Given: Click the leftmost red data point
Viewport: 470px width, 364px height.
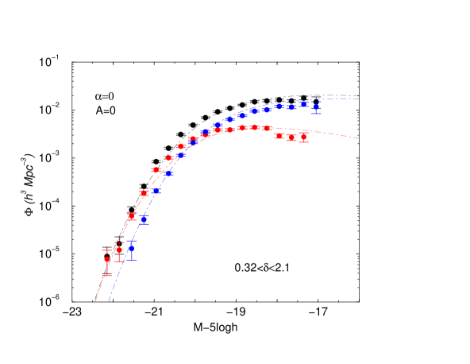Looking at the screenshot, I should tap(107, 260).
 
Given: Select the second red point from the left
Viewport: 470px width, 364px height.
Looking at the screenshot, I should tap(119, 250).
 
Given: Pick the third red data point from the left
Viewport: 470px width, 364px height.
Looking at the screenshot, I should tap(132, 216).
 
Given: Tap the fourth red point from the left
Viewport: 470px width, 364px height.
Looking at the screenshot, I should tap(144, 193).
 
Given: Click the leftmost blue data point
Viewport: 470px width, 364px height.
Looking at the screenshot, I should tap(131, 248).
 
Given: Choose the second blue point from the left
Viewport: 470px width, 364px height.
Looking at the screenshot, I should tap(144, 218).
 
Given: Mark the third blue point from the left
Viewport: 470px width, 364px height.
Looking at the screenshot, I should tap(156, 191).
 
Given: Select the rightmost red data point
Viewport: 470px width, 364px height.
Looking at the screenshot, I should tap(303, 137).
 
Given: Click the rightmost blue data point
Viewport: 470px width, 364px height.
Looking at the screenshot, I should tap(316, 106).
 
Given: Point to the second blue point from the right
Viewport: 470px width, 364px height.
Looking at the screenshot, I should tap(303, 104).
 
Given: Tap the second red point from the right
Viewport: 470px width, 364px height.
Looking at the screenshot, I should tap(291, 137).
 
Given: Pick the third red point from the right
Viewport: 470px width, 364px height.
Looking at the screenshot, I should tap(279, 136).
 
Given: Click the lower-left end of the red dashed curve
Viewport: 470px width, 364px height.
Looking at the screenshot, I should tap(95, 302).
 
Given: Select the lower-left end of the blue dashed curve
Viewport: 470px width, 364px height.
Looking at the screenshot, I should tap(108, 302).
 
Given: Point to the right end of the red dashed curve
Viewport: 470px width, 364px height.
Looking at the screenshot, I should tap(360, 138).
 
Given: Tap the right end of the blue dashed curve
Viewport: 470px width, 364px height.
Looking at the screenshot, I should tap(360, 99).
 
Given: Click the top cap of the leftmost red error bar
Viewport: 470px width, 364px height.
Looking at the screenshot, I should tap(107, 250).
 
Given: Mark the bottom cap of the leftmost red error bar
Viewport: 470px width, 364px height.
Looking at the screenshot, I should tap(107, 275).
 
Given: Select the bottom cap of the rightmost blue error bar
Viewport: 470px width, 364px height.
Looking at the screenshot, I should tap(316, 113).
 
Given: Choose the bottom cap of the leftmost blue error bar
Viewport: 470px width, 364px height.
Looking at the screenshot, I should tap(131, 259).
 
